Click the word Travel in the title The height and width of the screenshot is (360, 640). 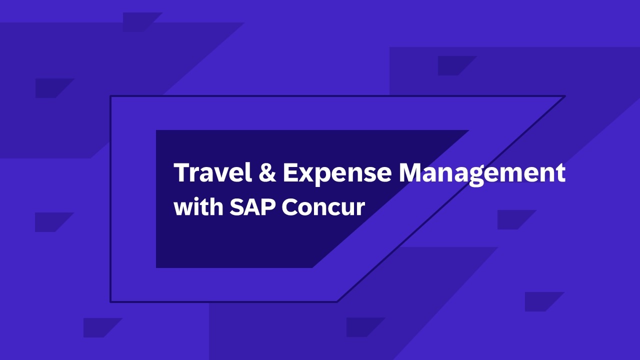tap(213, 172)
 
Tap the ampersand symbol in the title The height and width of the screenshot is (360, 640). tap(267, 172)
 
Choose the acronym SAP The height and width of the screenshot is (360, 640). tap(253, 206)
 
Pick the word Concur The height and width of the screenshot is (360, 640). tap(323, 207)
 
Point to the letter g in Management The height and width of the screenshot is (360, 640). tap(476, 177)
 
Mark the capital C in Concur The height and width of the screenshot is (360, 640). tap(290, 207)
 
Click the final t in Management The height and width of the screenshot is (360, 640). tap(561, 173)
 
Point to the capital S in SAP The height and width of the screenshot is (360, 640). tap(237, 206)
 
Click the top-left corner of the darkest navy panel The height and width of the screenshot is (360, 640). tap(156, 130)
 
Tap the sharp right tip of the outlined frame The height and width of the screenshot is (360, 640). tap(565, 96)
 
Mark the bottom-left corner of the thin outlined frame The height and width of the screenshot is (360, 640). tap(110, 301)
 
